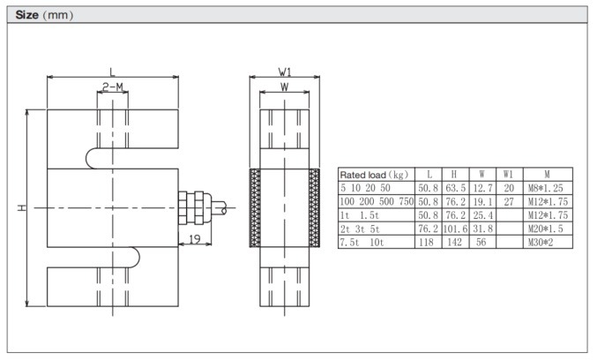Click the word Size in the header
pos(30,15)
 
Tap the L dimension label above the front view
pos(112,71)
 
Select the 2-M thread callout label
pos(112,87)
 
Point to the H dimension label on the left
pos(20,208)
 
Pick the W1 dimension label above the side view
pos(284,71)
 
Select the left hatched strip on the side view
pos(255,207)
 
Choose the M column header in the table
pos(547,175)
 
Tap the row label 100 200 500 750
pos(377,201)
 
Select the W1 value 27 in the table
pos(508,201)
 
